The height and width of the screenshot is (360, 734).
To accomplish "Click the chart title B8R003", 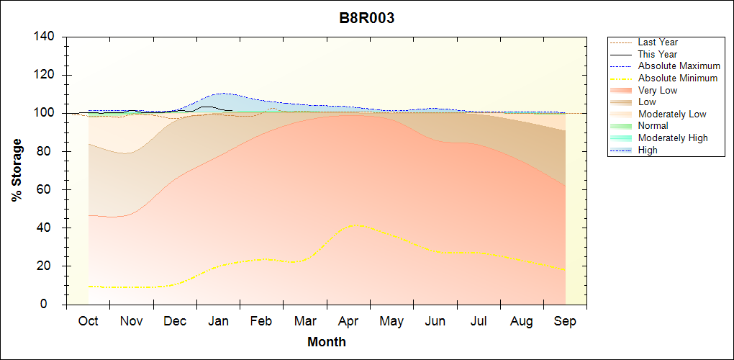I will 367,19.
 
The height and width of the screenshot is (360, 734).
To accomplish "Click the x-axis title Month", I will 326,342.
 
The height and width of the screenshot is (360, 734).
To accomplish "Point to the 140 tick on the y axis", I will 47,37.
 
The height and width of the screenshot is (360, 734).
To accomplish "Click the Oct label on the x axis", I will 89,321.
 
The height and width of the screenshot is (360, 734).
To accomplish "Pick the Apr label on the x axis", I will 348,321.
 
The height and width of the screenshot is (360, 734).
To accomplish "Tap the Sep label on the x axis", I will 565,321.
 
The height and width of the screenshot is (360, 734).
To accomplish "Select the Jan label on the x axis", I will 219,321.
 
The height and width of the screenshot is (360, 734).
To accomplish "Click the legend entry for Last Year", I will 658,42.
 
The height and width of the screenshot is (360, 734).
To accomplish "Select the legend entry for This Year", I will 658,54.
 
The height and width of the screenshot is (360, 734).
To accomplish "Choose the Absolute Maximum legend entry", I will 679,66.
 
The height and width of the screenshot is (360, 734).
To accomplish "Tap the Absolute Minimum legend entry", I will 678,78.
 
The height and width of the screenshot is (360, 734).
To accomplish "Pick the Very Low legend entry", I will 658,90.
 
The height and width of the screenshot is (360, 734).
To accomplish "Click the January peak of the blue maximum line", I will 224,93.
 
